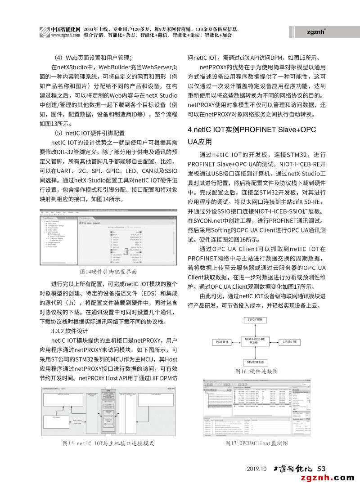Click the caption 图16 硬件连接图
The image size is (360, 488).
coord(256,372)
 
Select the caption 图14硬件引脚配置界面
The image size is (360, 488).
coord(108,272)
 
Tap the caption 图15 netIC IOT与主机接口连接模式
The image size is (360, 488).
coord(108,443)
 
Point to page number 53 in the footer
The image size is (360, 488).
coord(321,469)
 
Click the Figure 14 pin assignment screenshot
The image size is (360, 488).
coord(108,240)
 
